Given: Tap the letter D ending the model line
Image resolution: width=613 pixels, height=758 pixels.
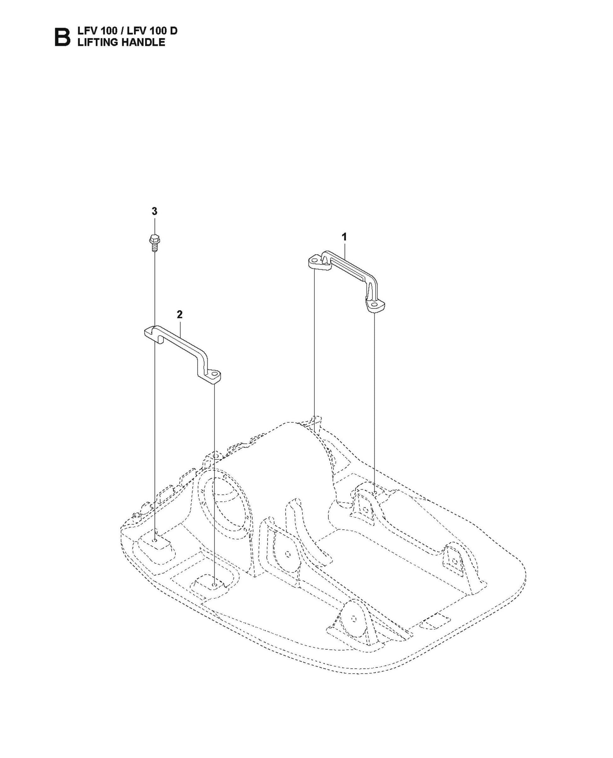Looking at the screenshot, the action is point(173,31).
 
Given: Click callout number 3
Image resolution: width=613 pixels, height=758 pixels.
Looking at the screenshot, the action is point(154,212).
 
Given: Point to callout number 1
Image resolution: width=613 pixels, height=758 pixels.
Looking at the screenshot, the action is point(344,237).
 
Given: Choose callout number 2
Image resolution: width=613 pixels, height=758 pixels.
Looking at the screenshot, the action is point(180,314).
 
